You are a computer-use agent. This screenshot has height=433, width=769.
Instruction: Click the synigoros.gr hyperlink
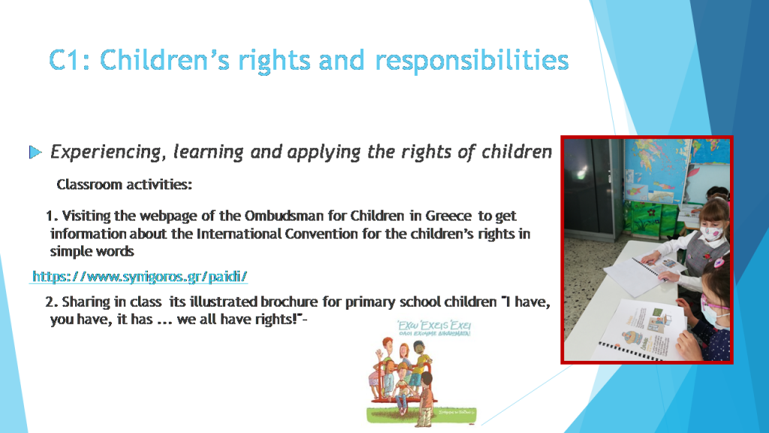pyautogui.click(x=140, y=277)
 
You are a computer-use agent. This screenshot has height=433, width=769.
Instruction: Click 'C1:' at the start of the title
pyautogui.click(x=71, y=60)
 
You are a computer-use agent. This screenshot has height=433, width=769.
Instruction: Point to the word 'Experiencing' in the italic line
pyautogui.click(x=105, y=153)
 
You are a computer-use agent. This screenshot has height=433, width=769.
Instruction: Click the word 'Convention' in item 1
pyautogui.click(x=318, y=234)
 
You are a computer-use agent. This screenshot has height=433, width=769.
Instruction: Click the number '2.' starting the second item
pyautogui.click(x=51, y=302)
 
